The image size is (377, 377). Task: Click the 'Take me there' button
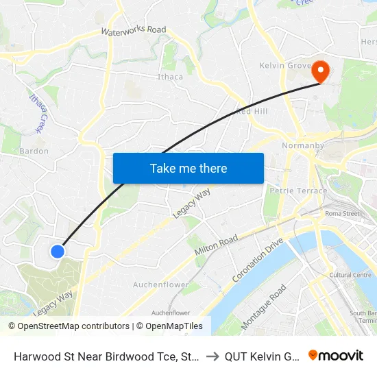188,168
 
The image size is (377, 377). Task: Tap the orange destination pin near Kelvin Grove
319,71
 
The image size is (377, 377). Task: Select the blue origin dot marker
58,252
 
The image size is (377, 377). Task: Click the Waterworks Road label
134,31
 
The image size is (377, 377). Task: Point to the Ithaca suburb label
170,77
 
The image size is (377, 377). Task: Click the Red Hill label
252,111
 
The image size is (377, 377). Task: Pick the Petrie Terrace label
298,191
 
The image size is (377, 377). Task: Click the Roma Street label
343,214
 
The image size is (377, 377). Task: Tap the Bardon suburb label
34,151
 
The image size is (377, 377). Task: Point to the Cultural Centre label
350,275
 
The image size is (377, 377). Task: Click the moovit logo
335,355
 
